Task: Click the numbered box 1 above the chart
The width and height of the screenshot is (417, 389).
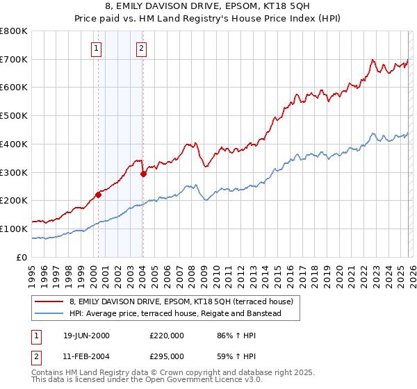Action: [95, 49]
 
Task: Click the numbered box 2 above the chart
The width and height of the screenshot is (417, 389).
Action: [141, 49]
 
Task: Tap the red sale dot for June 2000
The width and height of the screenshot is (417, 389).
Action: [98, 194]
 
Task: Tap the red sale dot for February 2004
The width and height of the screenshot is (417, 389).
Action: [143, 174]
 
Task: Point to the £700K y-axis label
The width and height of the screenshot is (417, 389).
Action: [14, 59]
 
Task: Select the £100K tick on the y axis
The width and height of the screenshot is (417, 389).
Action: [14, 229]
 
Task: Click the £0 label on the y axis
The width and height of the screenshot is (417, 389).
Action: [22, 257]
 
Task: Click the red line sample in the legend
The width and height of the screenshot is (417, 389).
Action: [49, 301]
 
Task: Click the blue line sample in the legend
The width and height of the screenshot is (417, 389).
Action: [49, 313]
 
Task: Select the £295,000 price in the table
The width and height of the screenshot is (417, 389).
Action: [166, 356]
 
